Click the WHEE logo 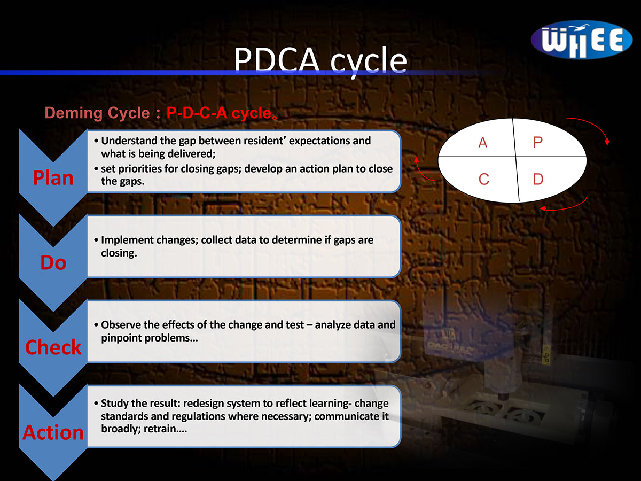pyautogui.click(x=581, y=40)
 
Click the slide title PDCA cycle pyautogui.click(x=320, y=61)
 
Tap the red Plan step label pyautogui.click(x=53, y=177)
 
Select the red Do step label pyautogui.click(x=53, y=262)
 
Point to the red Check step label pyautogui.click(x=53, y=347)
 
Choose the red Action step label pyautogui.click(x=53, y=432)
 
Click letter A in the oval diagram pyautogui.click(x=483, y=143)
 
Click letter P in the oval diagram pyautogui.click(x=537, y=143)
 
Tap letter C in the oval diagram pyautogui.click(x=483, y=179)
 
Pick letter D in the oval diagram pyautogui.click(x=538, y=179)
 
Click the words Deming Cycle pyautogui.click(x=97, y=113)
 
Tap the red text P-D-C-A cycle pyautogui.click(x=219, y=113)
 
